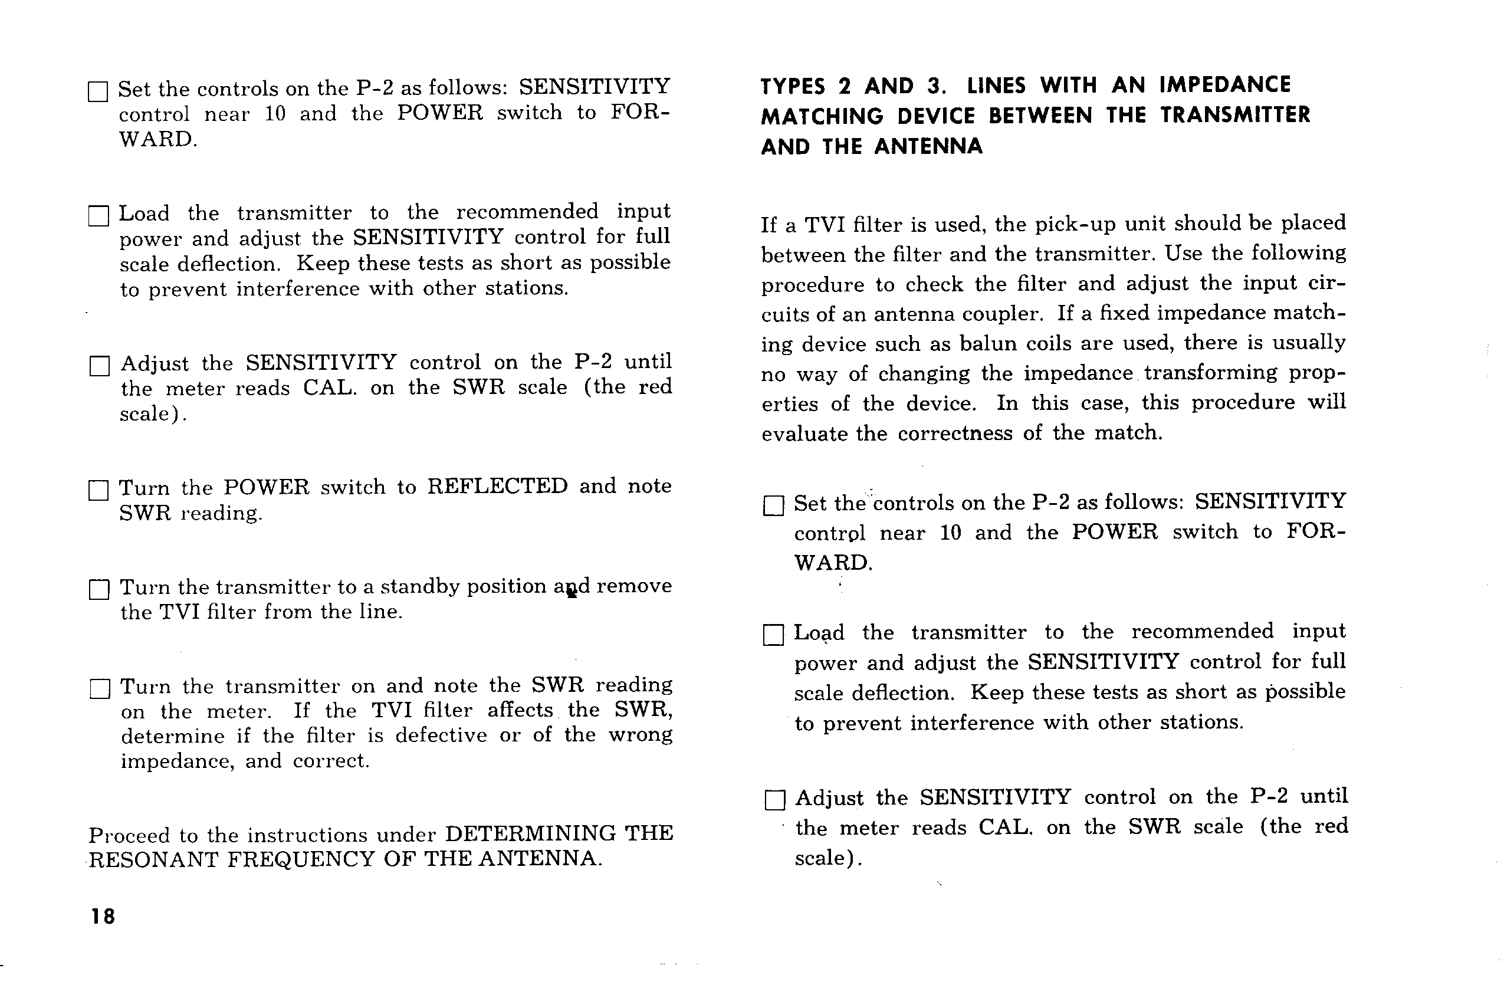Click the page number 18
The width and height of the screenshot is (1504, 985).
pyautogui.click(x=103, y=916)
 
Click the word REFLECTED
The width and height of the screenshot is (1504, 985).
pyautogui.click(x=497, y=487)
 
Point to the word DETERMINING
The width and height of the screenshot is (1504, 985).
pyautogui.click(x=530, y=833)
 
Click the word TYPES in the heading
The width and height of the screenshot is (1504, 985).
pyautogui.click(x=793, y=87)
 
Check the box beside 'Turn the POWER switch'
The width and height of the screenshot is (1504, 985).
pyautogui.click(x=98, y=490)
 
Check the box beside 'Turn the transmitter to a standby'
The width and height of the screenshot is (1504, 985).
pyautogui.click(x=99, y=589)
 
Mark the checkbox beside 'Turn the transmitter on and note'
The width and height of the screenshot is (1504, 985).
pyautogui.click(x=100, y=689)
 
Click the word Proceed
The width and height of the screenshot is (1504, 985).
pyautogui.click(x=129, y=835)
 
